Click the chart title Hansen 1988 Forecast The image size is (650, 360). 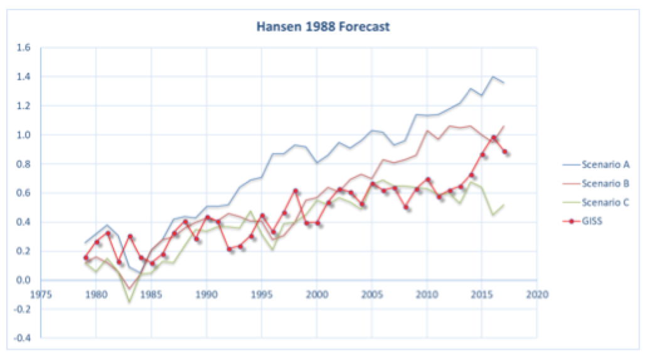point(324,27)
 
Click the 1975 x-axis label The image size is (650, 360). point(41,293)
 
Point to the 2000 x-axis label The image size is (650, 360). point(317,293)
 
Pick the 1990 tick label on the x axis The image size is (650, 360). point(206,293)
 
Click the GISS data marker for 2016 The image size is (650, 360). point(494,138)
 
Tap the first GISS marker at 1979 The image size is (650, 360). point(85,258)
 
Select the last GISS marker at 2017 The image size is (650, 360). point(504,152)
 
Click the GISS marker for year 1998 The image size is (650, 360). point(295,191)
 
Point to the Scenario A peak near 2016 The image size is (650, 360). point(493,77)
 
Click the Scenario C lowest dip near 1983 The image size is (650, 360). point(130,302)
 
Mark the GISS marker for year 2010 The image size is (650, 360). point(427,179)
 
